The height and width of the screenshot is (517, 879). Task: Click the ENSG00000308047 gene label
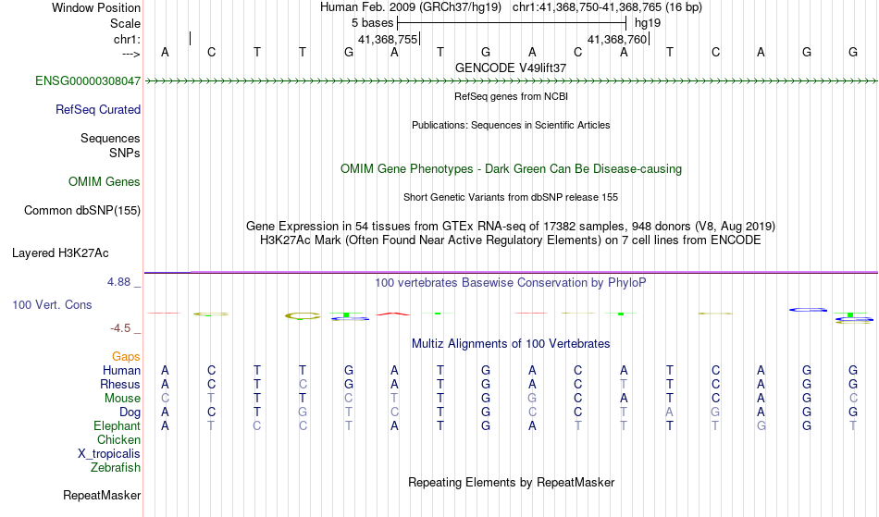click(x=88, y=80)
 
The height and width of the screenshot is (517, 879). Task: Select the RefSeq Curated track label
click(x=98, y=109)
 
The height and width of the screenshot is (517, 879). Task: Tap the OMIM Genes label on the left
click(x=105, y=181)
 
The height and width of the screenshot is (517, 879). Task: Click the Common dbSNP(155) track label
click(x=82, y=211)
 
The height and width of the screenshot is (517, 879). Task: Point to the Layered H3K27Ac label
click(x=60, y=253)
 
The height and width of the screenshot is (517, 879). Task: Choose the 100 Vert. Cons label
click(x=52, y=304)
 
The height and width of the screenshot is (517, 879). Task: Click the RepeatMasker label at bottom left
click(x=102, y=495)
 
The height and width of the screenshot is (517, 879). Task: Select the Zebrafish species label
click(x=116, y=467)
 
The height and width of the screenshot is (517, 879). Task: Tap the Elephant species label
click(x=118, y=425)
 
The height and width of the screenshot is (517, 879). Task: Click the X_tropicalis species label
click(x=109, y=454)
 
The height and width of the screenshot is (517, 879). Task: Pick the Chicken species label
click(x=118, y=439)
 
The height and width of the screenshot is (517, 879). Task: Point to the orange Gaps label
click(x=126, y=357)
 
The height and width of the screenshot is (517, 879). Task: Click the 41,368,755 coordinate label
click(x=388, y=39)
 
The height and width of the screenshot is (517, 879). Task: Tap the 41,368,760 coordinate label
click(x=617, y=39)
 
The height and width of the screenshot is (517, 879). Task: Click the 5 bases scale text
click(x=373, y=23)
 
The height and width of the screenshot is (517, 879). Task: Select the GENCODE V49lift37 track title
click(x=511, y=68)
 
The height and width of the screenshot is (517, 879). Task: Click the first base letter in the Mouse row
click(x=165, y=399)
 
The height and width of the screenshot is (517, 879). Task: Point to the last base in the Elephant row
click(x=853, y=425)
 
